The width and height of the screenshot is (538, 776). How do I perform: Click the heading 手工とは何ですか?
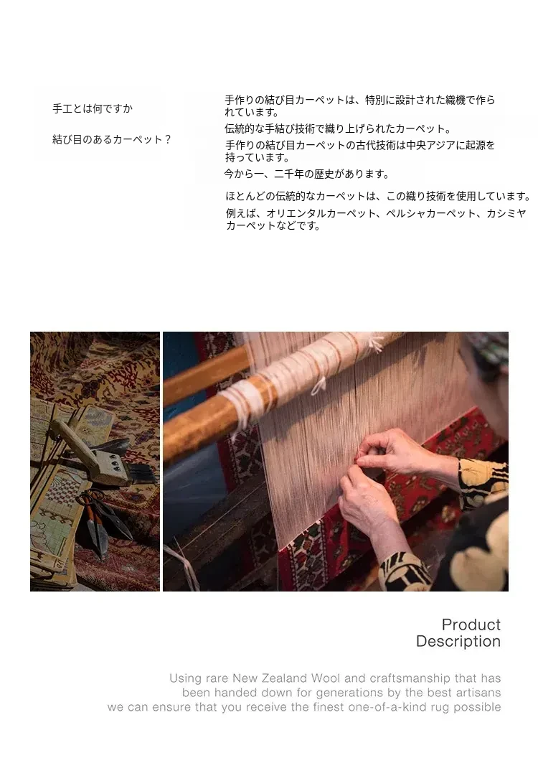pyautogui.click(x=93, y=108)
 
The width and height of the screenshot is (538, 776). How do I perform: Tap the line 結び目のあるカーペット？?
pyautogui.click(x=112, y=139)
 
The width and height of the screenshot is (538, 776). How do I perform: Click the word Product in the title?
pyautogui.click(x=471, y=625)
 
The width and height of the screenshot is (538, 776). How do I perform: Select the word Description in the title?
pyautogui.click(x=458, y=641)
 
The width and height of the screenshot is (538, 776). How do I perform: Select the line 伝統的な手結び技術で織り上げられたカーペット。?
pyautogui.click(x=339, y=129)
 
